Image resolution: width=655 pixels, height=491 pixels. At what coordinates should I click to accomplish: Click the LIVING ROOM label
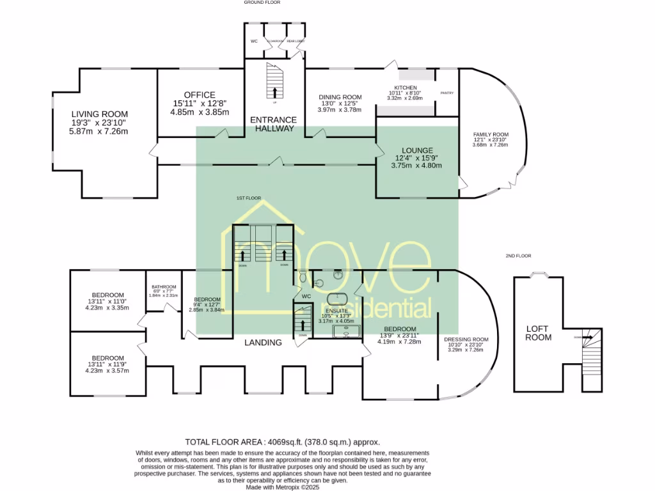[99, 114]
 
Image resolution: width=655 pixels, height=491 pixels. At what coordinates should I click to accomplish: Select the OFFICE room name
[199, 95]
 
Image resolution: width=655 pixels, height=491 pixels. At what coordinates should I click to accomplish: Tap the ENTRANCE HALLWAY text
[273, 124]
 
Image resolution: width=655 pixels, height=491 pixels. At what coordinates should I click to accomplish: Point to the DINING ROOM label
[340, 97]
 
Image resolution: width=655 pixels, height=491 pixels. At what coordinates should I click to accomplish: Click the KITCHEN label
[405, 88]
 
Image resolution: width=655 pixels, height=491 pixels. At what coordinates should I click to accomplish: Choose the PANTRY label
[446, 93]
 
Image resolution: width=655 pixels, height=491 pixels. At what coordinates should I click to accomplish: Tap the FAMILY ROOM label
[490, 134]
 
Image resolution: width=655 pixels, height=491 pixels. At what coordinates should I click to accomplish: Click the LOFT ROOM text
[538, 333]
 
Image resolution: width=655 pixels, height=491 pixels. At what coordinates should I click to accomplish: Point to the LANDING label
[264, 343]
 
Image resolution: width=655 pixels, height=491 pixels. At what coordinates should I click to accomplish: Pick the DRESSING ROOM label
[466, 339]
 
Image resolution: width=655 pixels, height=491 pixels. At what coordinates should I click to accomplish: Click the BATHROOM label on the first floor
[164, 287]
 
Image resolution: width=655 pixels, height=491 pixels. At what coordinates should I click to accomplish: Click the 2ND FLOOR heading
[518, 256]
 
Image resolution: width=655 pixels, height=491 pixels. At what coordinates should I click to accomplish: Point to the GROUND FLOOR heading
[263, 3]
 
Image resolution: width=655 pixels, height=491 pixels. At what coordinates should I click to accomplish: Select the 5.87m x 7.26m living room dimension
[99, 132]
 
